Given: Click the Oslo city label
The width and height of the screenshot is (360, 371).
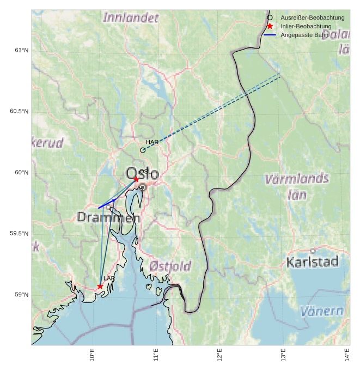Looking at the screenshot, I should click(143, 174).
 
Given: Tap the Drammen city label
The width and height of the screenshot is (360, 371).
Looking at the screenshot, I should click(108, 217).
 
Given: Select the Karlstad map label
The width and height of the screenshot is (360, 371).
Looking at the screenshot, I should click(312, 262).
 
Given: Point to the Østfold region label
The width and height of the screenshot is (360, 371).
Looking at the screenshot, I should click(170, 266).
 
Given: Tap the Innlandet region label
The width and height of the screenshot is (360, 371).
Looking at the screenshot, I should click(131, 17).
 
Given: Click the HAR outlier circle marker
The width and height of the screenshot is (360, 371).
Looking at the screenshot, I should click(143, 150).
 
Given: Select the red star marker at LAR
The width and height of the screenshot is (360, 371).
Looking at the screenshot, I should click(100, 286).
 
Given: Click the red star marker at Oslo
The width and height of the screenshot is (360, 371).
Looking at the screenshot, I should click(136, 179).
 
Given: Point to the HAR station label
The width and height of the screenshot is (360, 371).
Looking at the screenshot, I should click(152, 142).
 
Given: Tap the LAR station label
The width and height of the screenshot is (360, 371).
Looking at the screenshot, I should click(109, 278).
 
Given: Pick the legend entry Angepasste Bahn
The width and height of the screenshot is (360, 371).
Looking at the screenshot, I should click(304, 35).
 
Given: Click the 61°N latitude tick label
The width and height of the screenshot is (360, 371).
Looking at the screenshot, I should click(21, 51).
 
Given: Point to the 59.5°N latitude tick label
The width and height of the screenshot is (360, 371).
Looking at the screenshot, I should click(19, 234).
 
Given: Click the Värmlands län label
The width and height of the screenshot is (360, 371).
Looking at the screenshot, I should click(296, 186).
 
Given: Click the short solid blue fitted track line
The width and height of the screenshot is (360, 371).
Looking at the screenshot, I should click(107, 204).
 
